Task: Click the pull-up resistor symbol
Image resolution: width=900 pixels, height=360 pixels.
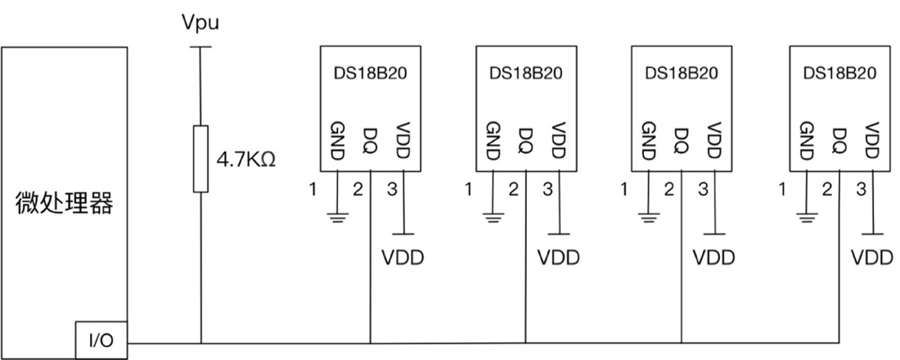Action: [x=200, y=159]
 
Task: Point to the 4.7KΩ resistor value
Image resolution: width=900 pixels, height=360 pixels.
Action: [x=245, y=158]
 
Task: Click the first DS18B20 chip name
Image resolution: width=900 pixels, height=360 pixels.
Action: [x=370, y=72]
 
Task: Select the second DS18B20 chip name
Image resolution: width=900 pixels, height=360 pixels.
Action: [x=526, y=72]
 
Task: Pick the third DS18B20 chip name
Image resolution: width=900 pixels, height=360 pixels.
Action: [x=682, y=72]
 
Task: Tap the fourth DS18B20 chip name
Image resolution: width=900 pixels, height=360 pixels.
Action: [x=839, y=72]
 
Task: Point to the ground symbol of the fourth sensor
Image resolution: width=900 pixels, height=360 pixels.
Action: [x=808, y=218]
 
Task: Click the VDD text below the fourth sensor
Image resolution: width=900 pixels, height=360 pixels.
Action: [x=872, y=258]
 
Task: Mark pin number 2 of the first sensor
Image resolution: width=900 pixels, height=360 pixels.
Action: [x=358, y=191]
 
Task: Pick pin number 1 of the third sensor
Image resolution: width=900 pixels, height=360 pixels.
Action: [x=624, y=191]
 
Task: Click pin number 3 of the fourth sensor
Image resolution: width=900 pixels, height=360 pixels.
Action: [x=861, y=191]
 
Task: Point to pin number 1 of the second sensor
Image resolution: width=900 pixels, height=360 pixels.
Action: [x=468, y=191]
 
